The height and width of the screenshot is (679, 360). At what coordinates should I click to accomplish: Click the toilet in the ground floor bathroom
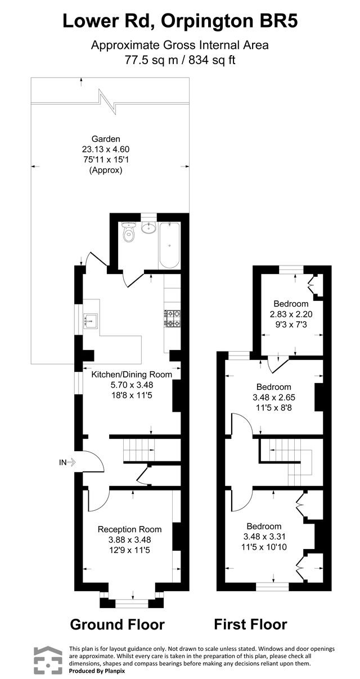(129, 235)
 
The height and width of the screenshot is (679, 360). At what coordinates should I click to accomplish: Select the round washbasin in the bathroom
(149, 229)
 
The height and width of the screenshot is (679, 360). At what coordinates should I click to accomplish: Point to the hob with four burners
(172, 318)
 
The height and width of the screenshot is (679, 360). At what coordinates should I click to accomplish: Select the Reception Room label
(129, 529)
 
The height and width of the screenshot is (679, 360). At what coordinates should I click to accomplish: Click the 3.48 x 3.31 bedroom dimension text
(274, 536)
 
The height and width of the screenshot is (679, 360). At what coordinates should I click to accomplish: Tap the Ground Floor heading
(117, 624)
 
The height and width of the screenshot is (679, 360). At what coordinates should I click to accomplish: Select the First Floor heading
(250, 624)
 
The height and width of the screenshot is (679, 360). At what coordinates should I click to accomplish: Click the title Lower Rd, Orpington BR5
(179, 21)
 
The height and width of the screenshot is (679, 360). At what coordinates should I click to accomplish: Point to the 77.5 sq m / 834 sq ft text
(179, 60)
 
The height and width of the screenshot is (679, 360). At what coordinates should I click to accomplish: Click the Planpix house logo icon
(48, 660)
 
